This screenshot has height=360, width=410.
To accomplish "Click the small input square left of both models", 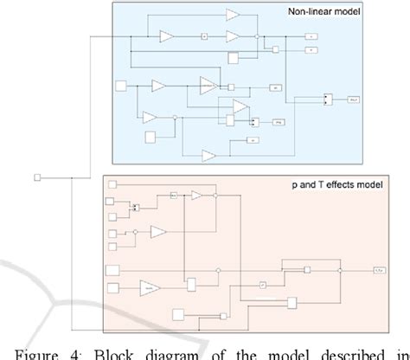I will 36,178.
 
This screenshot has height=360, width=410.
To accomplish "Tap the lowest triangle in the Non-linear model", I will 208,155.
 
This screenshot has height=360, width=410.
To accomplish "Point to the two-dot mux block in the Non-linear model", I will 325,100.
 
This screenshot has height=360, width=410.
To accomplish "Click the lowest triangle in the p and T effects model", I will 150,286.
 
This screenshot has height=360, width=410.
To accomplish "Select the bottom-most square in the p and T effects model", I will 178,315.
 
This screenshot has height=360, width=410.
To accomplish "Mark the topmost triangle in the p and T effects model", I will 196,196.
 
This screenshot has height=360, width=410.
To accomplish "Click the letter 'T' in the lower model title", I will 313,187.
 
